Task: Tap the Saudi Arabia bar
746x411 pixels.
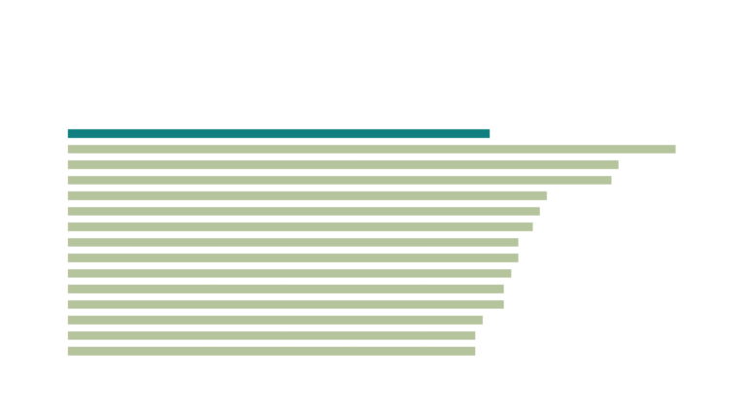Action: [344, 164]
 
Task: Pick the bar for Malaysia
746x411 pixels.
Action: [340, 180]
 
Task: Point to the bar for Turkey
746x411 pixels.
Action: [272, 351]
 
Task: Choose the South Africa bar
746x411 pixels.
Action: [276, 320]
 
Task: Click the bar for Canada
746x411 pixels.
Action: [289, 273]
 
